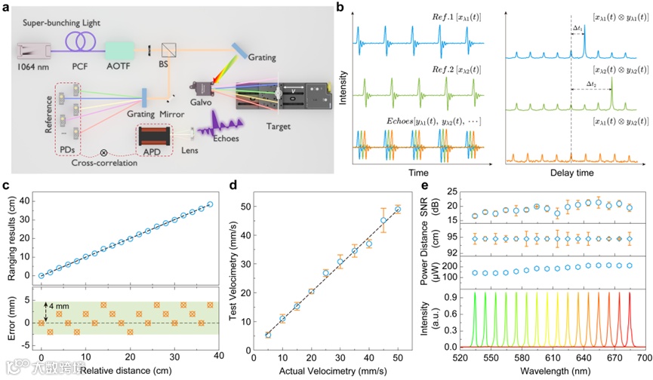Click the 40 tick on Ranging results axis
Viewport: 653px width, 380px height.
pos(26,201)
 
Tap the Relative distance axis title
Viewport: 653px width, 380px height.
pos(114,370)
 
